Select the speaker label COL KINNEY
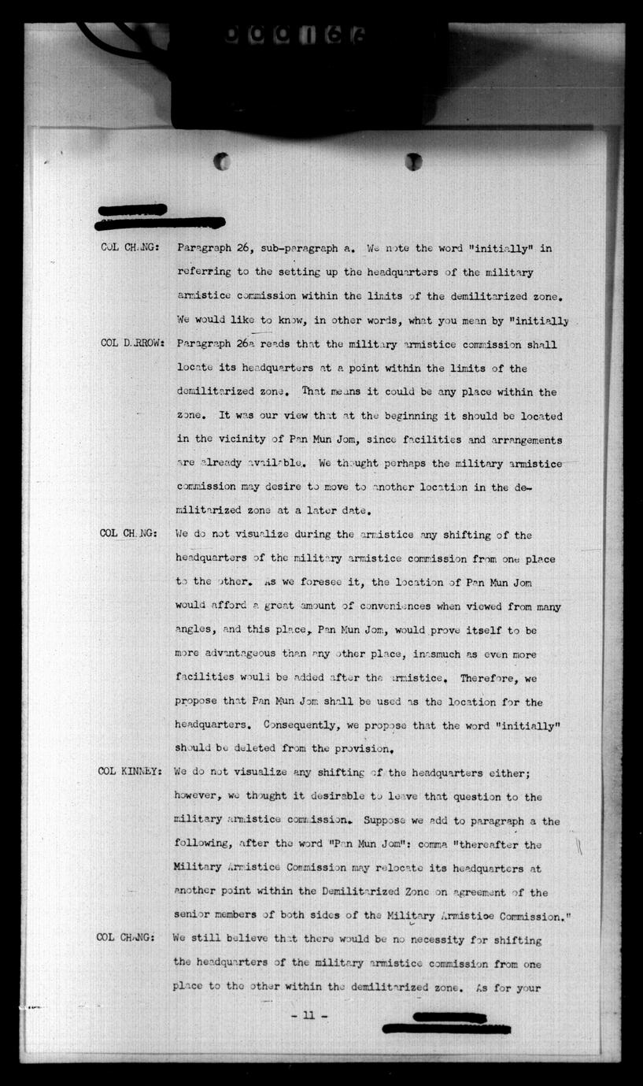tap(130, 772)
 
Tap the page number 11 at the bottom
tap(309, 1015)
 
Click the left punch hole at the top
tap(222, 161)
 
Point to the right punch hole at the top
tap(413, 161)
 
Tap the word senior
tap(194, 916)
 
